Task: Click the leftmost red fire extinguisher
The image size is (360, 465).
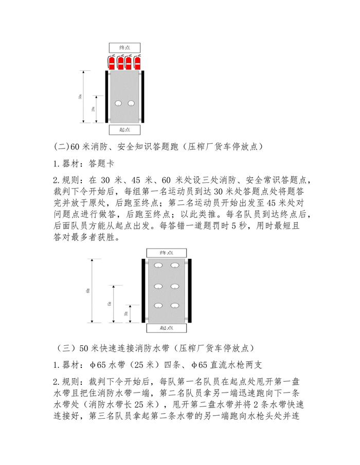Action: coord(112,62)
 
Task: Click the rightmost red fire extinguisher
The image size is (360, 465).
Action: coord(137,62)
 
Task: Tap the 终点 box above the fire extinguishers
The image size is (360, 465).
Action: coord(124,47)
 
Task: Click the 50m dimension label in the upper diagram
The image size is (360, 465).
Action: coord(80,97)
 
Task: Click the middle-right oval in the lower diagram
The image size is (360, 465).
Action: coord(175,286)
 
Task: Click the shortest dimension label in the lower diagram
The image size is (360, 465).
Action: coord(126,313)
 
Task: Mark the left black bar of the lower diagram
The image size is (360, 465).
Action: coord(143,290)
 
